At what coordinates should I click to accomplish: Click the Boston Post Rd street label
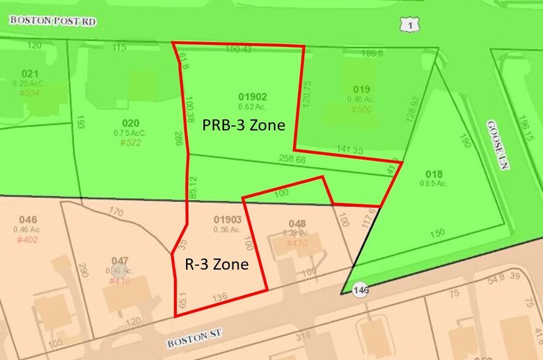pyautogui.click(x=53, y=20)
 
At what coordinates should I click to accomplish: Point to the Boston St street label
pyautogui.click(x=193, y=337)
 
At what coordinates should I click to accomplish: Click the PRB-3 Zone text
pyautogui.click(x=244, y=126)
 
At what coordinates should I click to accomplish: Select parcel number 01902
pyautogui.click(x=252, y=97)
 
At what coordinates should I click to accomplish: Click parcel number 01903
pyautogui.click(x=227, y=220)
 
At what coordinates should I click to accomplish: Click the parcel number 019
pyautogui.click(x=361, y=89)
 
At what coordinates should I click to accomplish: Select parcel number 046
pyautogui.click(x=28, y=220)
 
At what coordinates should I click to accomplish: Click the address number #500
pyautogui.click(x=361, y=110)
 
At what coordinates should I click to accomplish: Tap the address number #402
pyautogui.click(x=28, y=239)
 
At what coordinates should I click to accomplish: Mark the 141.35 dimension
pyautogui.click(x=350, y=149)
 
